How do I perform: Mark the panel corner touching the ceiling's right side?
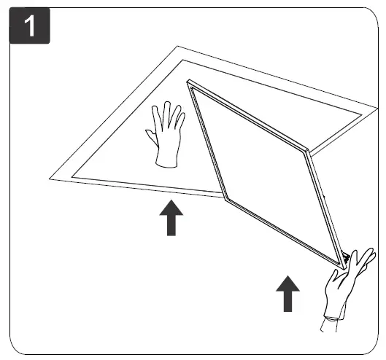pos(310,151)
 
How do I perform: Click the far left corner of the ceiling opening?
pos(50,177)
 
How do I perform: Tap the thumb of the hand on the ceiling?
pos(150,136)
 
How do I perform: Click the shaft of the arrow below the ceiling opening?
pos(171,226)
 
